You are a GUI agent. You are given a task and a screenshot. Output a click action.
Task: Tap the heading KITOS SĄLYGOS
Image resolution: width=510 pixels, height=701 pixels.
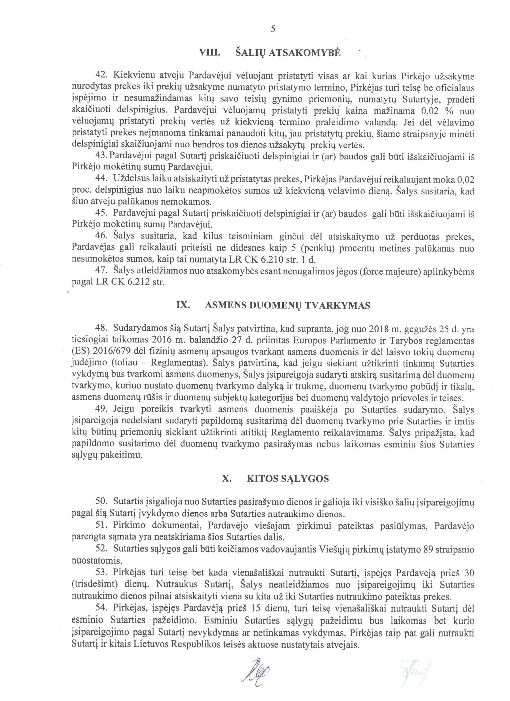pos(288,479)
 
